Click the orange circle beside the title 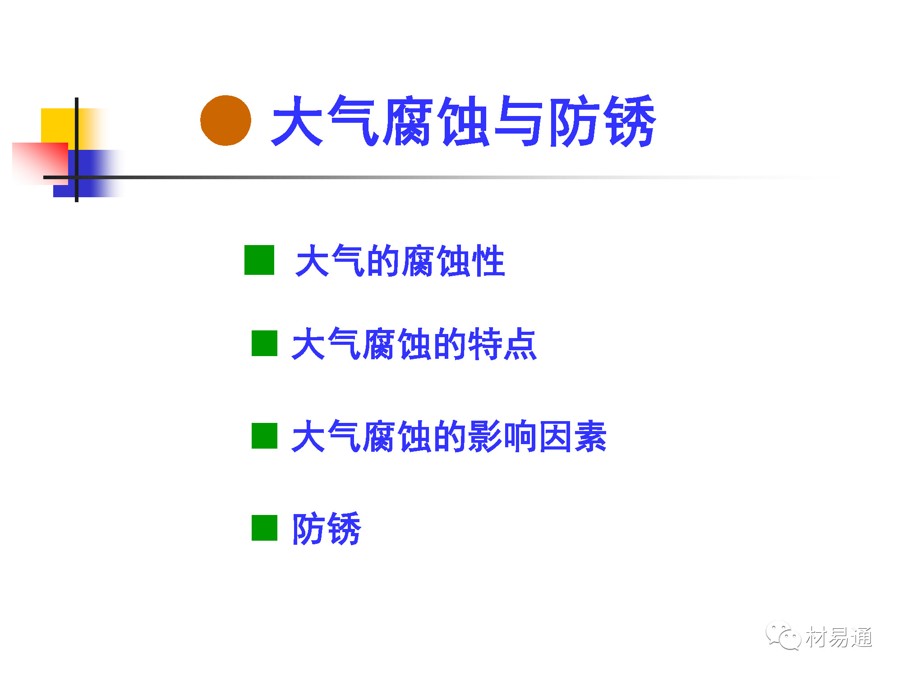point(225,121)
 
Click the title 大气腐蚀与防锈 point(464,121)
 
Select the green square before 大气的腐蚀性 point(259,260)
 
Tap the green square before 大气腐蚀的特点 point(264,343)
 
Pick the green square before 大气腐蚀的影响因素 point(264,436)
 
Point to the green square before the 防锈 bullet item point(264,528)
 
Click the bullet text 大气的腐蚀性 point(400,260)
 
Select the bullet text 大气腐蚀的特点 point(414,344)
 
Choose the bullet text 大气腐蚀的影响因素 point(449,436)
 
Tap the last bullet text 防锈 point(327,528)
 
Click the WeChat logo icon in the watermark point(783,636)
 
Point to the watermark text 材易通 point(839,637)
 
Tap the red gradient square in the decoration point(40,163)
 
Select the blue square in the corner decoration point(88,173)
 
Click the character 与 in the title point(519,121)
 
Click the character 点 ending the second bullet point(520,344)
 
